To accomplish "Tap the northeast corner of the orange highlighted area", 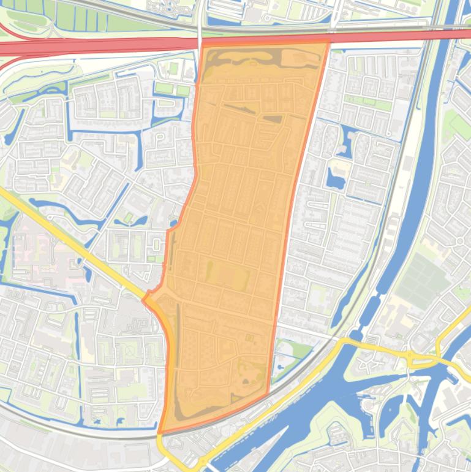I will [328, 42].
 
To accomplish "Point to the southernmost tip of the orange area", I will [160, 433].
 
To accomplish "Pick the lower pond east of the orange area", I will [335, 178].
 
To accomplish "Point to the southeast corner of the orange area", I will [268, 394].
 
